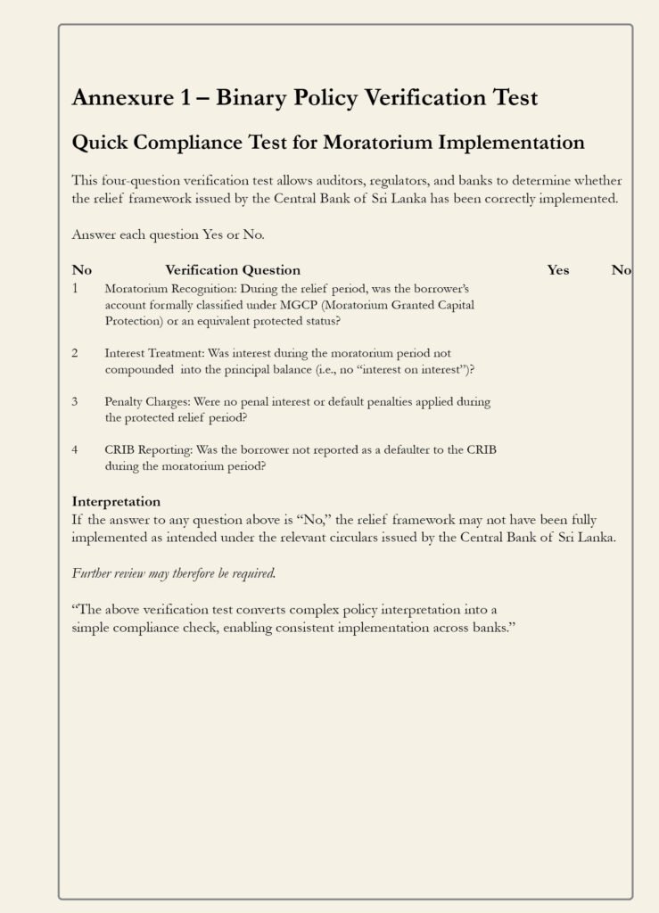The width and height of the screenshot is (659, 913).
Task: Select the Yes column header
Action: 558,270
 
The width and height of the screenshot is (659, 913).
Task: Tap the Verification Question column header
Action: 233,270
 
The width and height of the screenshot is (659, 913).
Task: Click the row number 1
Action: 76,288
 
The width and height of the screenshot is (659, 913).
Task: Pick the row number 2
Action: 76,353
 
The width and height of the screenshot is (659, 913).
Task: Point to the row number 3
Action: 76,401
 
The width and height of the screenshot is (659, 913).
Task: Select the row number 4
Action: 76,449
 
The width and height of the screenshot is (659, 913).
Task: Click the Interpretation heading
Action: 116,502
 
